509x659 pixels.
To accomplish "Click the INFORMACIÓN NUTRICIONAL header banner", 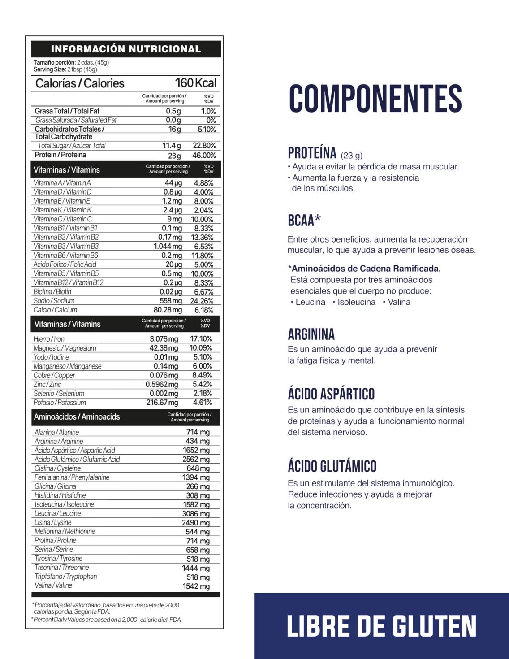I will [126, 49].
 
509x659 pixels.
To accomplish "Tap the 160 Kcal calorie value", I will [195, 83].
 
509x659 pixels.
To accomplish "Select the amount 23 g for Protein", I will [174, 156].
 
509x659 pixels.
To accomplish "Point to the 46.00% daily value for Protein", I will [204, 156].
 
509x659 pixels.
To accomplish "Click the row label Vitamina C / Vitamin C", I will [62, 219].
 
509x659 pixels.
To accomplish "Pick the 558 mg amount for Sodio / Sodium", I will [171, 301].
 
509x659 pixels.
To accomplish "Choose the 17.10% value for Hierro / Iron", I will [201, 339].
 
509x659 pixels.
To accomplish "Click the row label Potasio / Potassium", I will [60, 403].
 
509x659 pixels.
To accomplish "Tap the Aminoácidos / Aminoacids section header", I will [77, 417].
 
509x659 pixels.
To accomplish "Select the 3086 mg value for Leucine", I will [196, 514].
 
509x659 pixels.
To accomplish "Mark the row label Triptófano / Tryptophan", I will [65, 577].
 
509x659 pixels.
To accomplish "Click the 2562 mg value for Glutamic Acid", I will [196, 460].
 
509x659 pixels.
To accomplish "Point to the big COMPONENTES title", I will [375, 99].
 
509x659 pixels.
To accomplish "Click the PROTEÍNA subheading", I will [312, 153].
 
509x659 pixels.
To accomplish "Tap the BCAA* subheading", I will [304, 221].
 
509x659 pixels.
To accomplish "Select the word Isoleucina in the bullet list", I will [357, 302].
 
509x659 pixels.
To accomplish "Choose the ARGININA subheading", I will [311, 334].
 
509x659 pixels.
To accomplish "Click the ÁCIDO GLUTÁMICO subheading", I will [332, 466].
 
